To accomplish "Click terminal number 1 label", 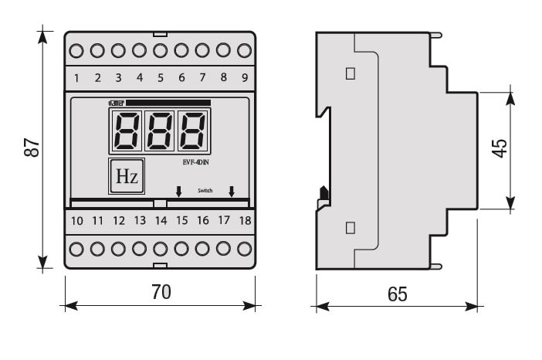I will click(x=76, y=77).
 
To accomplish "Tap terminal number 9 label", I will click(x=244, y=77).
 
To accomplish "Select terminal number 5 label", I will click(x=161, y=77).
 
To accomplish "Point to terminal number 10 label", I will click(x=76, y=221).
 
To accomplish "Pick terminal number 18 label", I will click(x=245, y=221).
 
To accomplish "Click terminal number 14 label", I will click(x=161, y=221).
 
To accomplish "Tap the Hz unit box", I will click(x=127, y=177).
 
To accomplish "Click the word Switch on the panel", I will click(x=205, y=189).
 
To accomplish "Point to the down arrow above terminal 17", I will click(x=231, y=191).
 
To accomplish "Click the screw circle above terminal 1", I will click(x=76, y=52).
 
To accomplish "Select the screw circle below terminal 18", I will click(x=245, y=249).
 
